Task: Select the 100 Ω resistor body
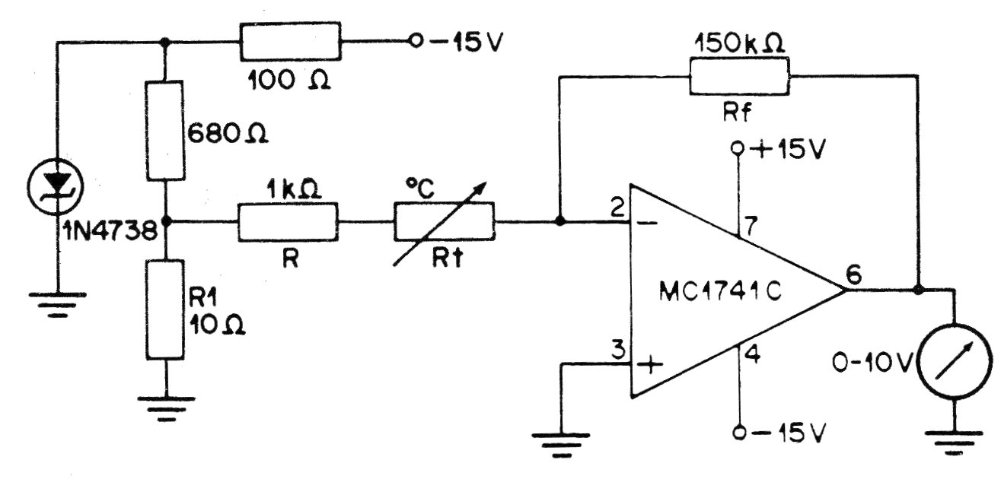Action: (290, 42)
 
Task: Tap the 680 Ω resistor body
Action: (166, 131)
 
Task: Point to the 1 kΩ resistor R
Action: (288, 222)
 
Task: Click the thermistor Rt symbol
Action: (444, 222)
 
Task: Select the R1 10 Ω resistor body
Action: (166, 309)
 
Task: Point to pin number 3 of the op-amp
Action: (618, 351)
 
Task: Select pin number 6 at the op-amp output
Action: (854, 276)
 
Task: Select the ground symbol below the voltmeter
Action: (952, 442)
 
